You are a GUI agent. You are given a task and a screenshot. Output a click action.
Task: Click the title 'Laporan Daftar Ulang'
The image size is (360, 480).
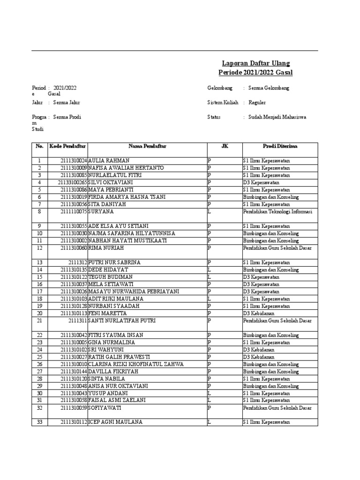[256, 63]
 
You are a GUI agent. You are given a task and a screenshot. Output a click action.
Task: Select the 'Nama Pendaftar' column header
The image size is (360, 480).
[147, 146]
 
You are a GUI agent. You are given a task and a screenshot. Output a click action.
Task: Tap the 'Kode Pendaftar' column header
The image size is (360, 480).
[67, 146]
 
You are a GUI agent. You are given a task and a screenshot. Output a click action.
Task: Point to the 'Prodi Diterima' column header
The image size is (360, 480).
[279, 146]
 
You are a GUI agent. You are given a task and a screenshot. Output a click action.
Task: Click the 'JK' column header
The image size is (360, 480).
[224, 146]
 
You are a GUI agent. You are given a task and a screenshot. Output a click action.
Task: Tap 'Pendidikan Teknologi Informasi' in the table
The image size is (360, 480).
[277, 211]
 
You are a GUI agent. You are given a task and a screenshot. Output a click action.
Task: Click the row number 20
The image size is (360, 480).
[39, 313]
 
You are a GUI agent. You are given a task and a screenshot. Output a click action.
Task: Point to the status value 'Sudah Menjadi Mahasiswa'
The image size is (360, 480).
[277, 117]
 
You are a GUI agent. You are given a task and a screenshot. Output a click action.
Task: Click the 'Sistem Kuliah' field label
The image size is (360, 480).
[223, 102]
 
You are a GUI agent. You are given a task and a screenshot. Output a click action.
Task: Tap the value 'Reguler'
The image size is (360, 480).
[257, 102]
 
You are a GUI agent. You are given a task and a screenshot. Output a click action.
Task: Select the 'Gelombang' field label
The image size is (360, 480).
[220, 88]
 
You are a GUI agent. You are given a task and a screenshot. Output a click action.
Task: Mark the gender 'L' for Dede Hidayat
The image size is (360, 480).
[210, 270]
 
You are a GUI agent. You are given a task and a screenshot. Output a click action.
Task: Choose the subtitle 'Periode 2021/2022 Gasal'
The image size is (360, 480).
[256, 72]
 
